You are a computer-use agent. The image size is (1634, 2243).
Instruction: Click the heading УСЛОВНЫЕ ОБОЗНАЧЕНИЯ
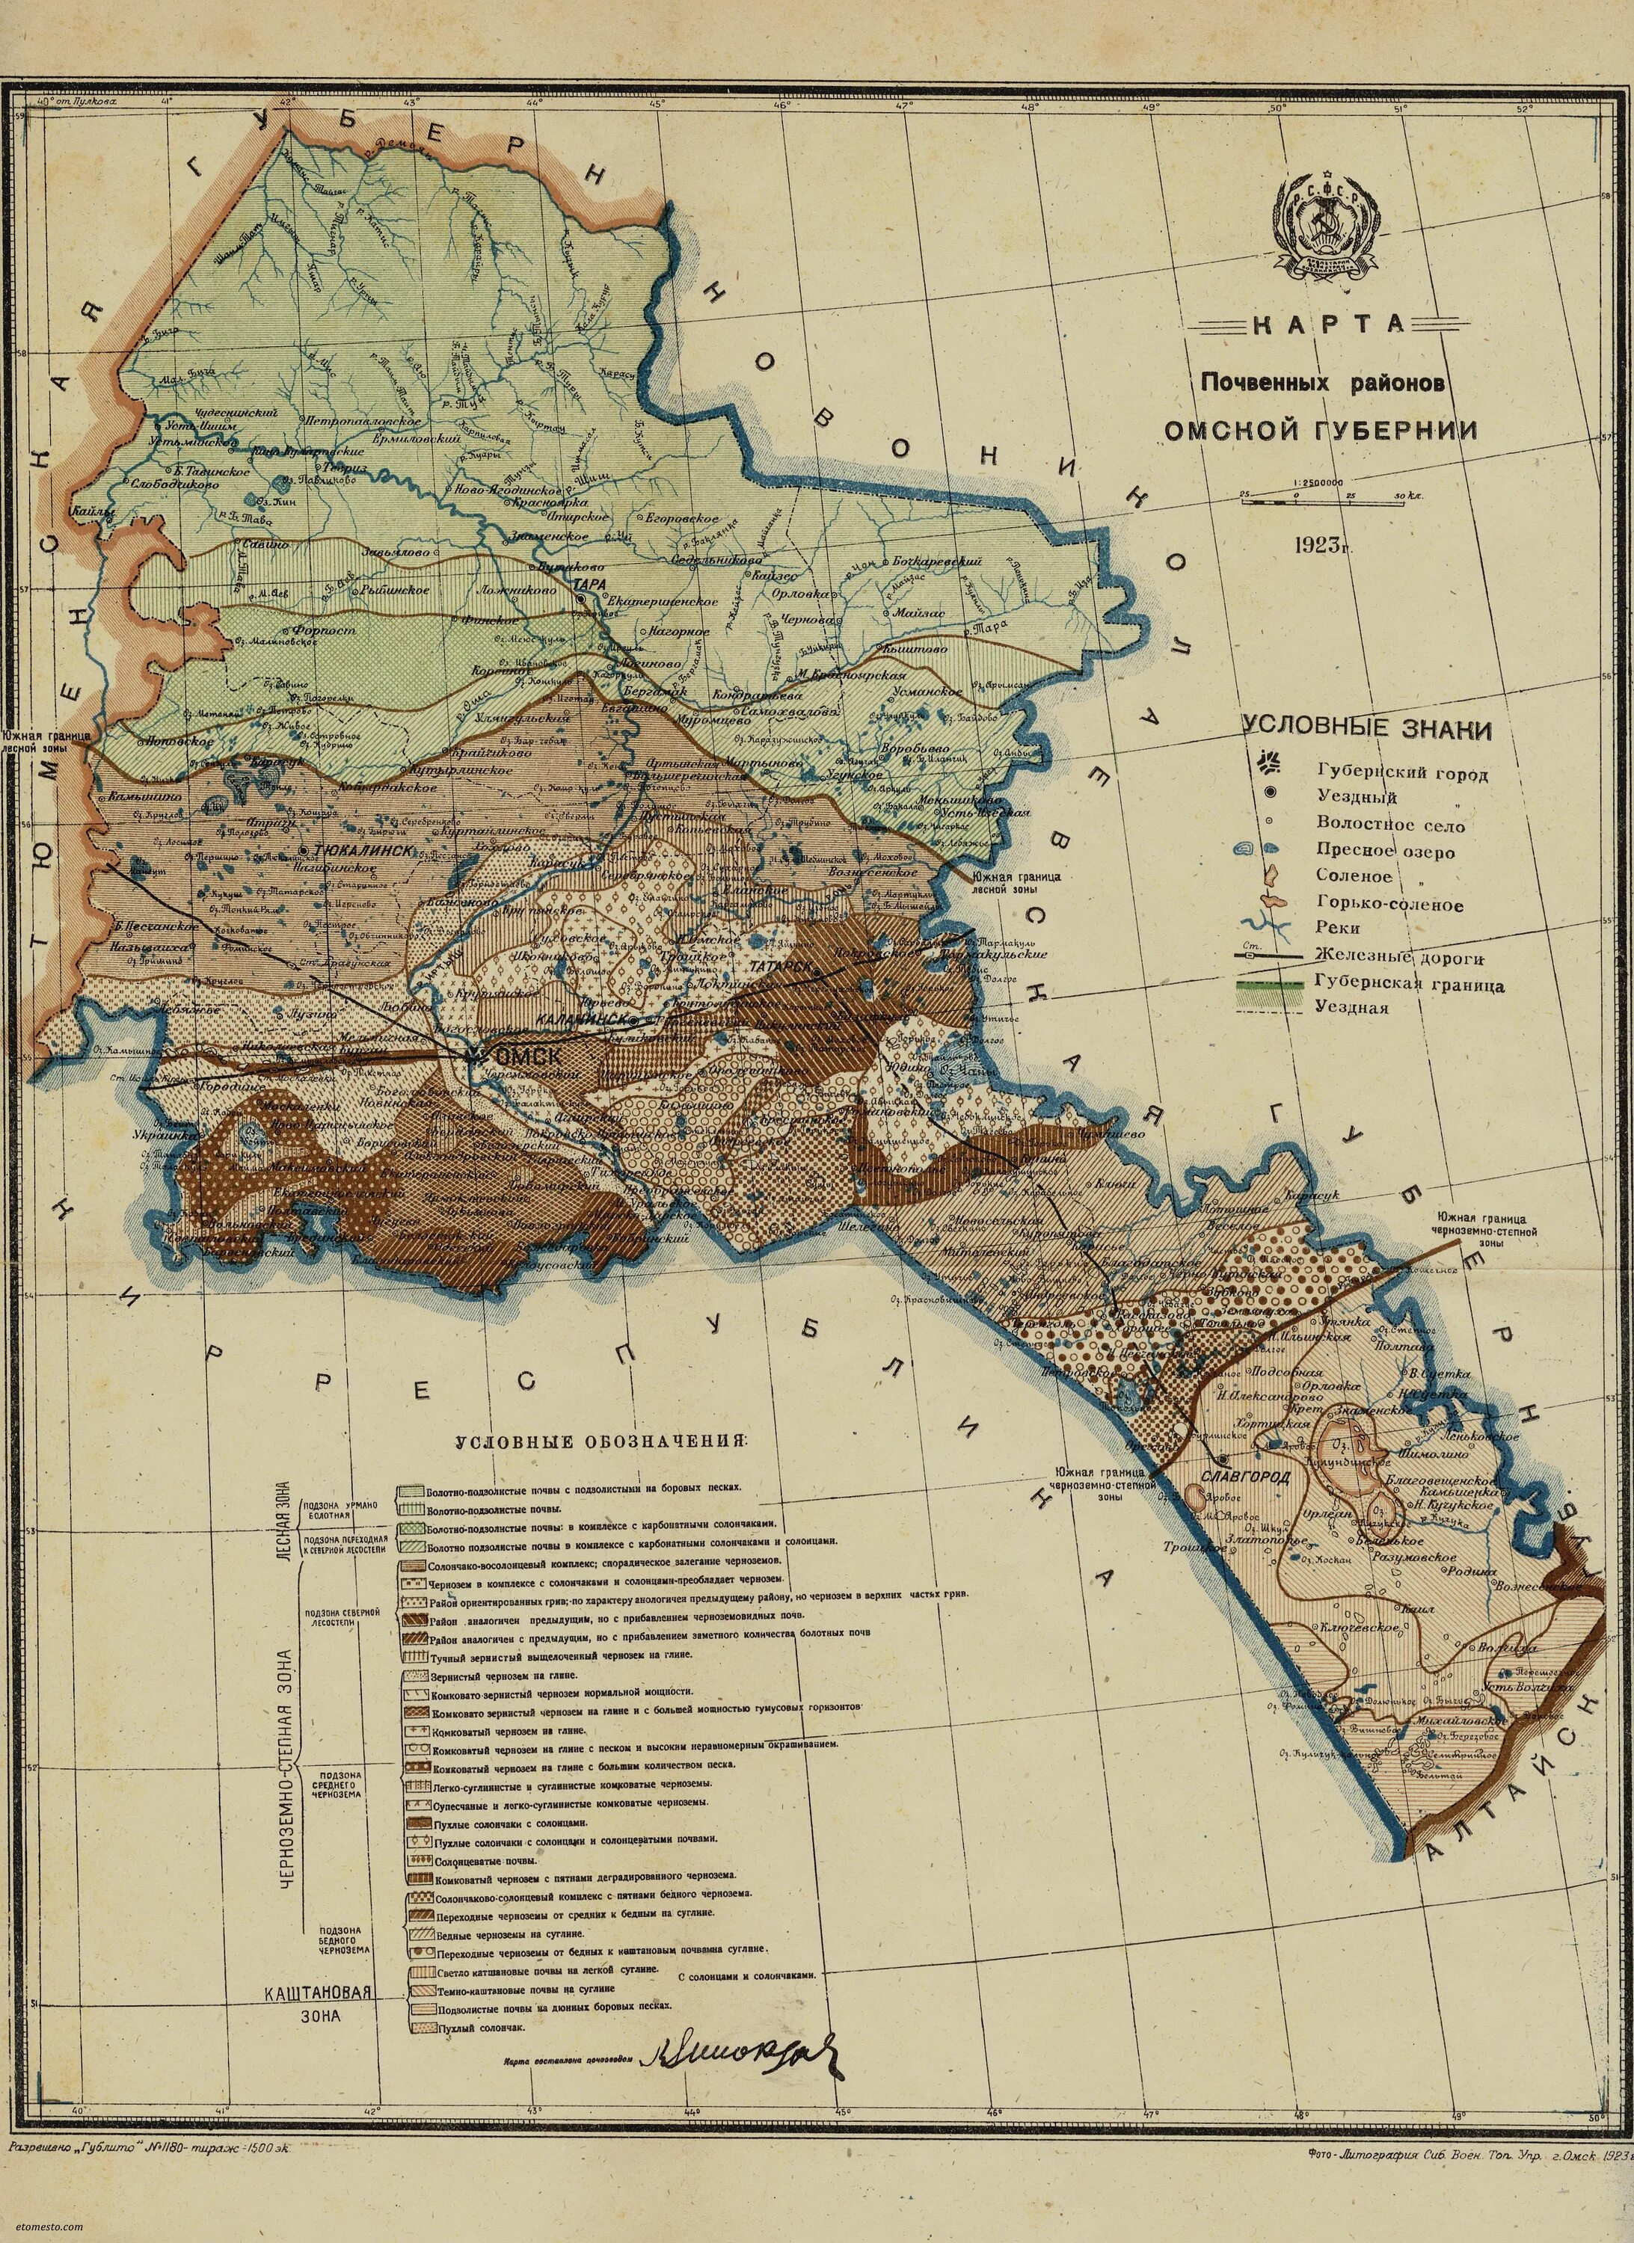coord(601,1441)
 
